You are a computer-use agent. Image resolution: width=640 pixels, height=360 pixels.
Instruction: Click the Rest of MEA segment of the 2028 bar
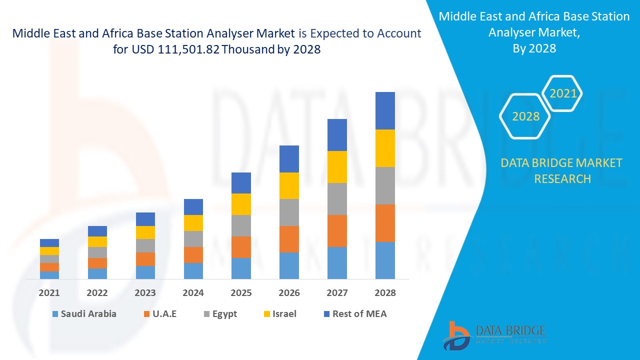[385, 110]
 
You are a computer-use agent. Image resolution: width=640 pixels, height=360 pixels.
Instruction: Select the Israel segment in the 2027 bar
[337, 166]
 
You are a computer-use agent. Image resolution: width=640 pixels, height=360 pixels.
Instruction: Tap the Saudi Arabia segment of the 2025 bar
[241, 268]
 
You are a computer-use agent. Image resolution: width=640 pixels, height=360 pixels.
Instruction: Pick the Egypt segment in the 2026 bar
[289, 212]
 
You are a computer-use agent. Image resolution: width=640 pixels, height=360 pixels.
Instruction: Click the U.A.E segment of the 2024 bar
[193, 254]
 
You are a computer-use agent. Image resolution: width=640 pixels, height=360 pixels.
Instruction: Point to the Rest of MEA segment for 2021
[49, 242]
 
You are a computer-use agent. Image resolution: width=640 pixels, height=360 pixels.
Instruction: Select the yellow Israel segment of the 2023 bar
[145, 232]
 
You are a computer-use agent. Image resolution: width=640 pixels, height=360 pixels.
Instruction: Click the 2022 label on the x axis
[97, 293]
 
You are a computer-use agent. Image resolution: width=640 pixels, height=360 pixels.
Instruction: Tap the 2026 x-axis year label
[289, 293]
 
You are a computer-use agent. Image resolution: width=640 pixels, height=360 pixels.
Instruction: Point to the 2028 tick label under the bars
[385, 293]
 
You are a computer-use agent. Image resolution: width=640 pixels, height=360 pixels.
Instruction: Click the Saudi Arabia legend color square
[54, 314]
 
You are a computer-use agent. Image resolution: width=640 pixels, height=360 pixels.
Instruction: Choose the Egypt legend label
[224, 314]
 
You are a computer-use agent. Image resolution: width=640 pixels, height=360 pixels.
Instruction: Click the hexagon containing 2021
[563, 93]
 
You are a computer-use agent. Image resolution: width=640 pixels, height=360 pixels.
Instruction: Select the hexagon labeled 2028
[525, 116]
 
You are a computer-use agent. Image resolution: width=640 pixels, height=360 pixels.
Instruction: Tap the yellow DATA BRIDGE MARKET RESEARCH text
[561, 170]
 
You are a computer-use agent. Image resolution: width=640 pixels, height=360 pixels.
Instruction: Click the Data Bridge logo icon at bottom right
[456, 335]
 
